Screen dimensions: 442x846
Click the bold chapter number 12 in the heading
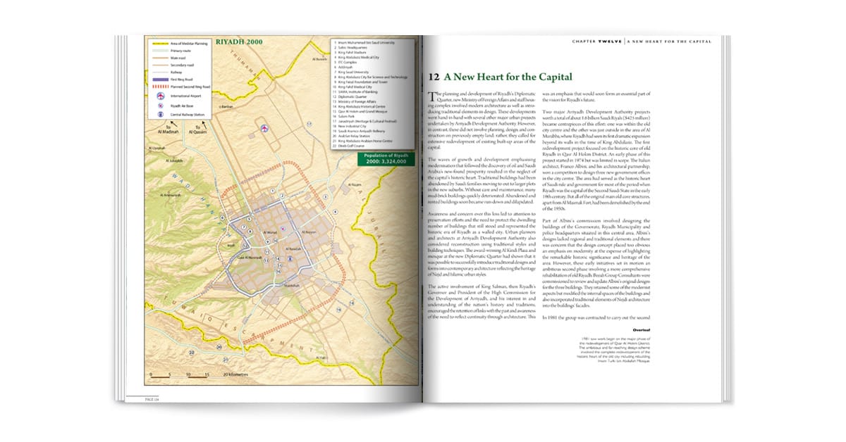point(434,77)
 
